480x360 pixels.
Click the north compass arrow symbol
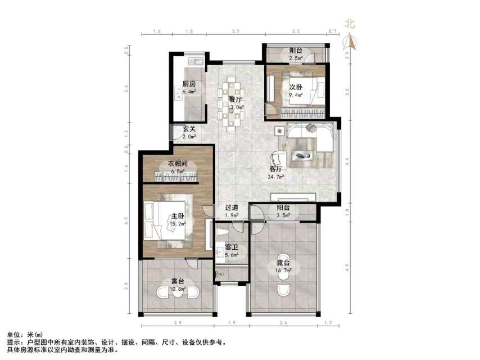coord(350,40)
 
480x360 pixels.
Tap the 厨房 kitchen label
coord(189,85)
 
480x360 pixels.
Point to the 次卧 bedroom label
coord(296,87)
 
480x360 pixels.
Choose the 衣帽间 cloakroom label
coord(178,164)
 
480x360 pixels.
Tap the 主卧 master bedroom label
coord(178,216)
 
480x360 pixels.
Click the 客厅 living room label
coord(276,168)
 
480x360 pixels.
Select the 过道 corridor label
coord(232,207)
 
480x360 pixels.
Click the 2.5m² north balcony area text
coord(296,58)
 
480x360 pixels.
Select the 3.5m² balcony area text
coord(283,215)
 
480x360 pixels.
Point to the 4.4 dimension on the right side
coord(348,160)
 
